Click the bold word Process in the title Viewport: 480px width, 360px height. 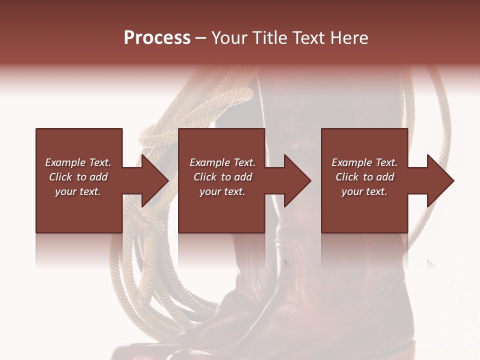pyautogui.click(x=157, y=38)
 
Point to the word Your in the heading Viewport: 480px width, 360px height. pyautogui.click(x=228, y=38)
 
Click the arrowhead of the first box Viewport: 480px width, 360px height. pyautogui.click(x=152, y=180)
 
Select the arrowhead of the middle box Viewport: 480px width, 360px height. pyautogui.click(x=295, y=180)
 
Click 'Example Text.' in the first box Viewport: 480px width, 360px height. pyautogui.click(x=78, y=162)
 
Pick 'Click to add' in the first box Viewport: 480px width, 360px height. pyautogui.click(x=78, y=177)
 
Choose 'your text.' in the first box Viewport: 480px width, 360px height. pyautogui.click(x=78, y=191)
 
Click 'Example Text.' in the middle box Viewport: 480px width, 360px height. pyautogui.click(x=222, y=162)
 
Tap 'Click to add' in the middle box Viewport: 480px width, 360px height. pyautogui.click(x=222, y=177)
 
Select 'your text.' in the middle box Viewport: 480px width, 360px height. pyautogui.click(x=222, y=191)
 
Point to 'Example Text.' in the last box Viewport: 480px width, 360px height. pyautogui.click(x=364, y=162)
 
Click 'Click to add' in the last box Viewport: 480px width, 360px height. pyautogui.click(x=364, y=177)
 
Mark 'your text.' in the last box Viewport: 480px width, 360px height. pyautogui.click(x=364, y=191)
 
